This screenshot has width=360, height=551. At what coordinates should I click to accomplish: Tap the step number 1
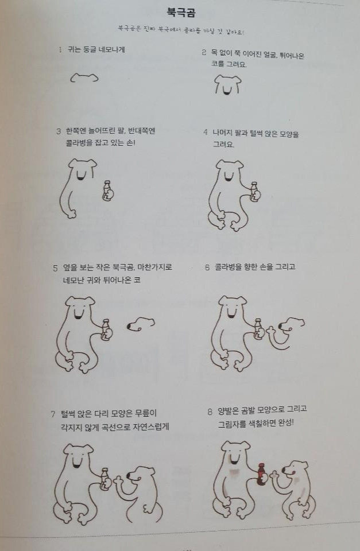tap(60, 50)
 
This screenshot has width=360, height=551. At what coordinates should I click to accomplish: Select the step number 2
tap(204, 53)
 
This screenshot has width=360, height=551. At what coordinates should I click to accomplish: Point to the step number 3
tap(59, 131)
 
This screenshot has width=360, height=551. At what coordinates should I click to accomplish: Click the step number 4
tap(205, 133)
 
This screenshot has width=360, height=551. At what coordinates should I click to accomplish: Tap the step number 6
tap(207, 267)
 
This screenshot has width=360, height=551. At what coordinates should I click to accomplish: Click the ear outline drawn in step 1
tap(84, 77)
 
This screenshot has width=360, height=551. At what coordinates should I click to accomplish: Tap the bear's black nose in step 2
tap(228, 90)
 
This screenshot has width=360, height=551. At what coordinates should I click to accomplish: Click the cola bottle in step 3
tap(107, 191)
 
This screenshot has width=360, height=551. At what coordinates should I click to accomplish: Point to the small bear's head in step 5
tap(140, 324)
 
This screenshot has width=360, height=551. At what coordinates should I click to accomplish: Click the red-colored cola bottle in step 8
tap(261, 474)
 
